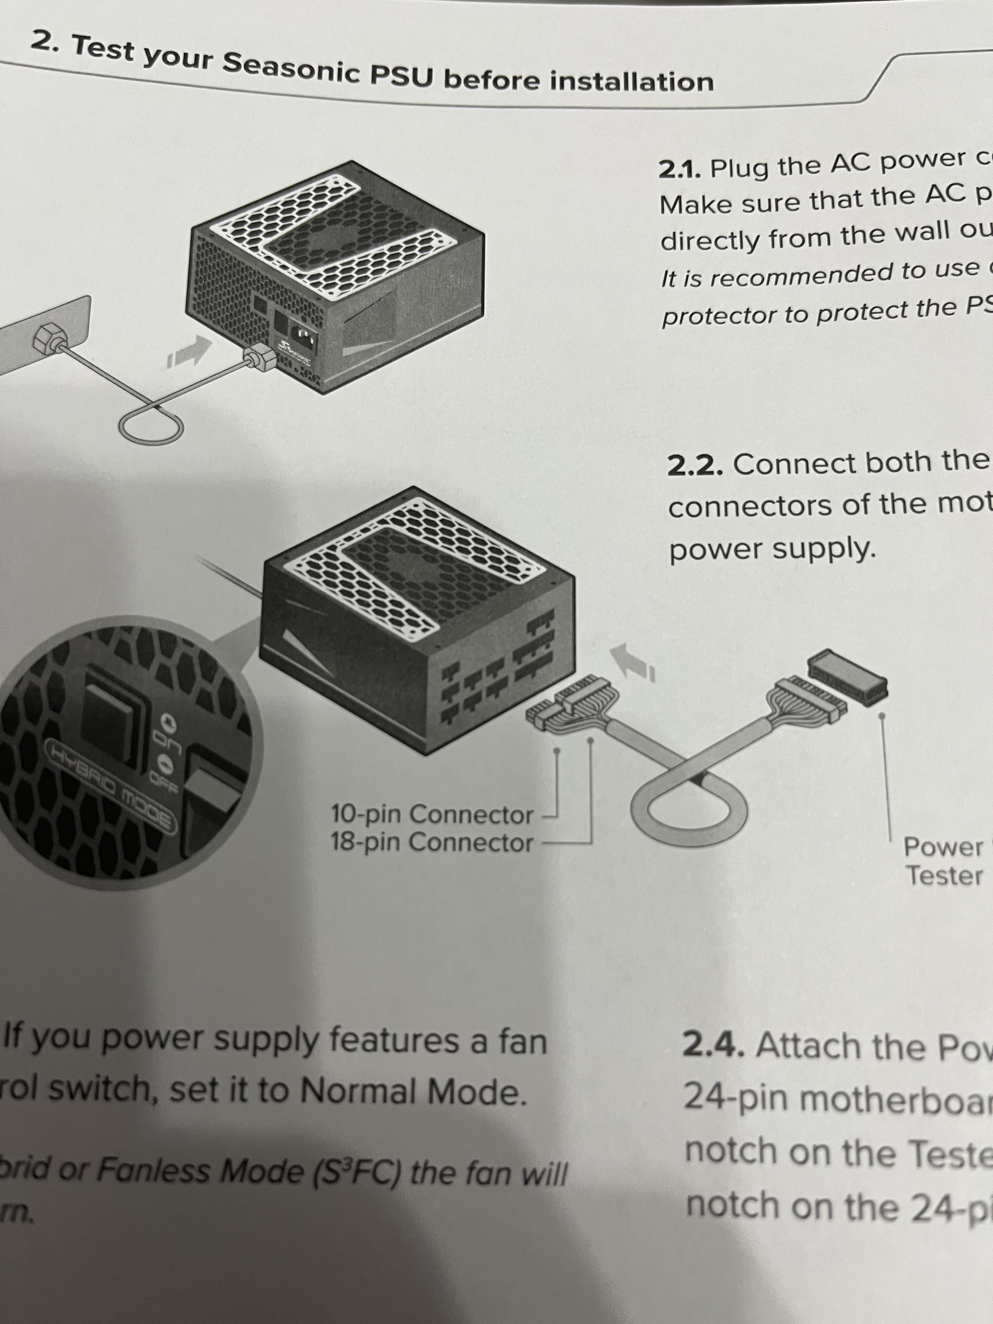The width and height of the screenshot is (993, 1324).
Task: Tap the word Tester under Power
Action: [944, 876]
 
